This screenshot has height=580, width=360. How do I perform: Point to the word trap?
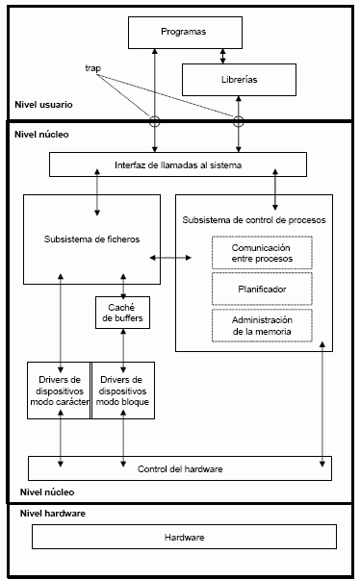point(92,68)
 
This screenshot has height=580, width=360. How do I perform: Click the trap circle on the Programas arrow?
point(153,121)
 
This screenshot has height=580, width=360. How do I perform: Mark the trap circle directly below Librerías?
point(239,121)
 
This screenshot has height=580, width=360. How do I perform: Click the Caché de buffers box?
point(122,313)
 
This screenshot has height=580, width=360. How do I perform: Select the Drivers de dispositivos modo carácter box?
point(59,390)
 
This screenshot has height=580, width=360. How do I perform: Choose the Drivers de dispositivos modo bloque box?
point(122,390)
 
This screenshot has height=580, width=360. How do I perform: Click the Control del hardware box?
point(180,467)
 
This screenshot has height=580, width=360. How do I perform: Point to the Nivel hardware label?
point(53,514)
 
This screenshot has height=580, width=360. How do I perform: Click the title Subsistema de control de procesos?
point(254,220)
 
